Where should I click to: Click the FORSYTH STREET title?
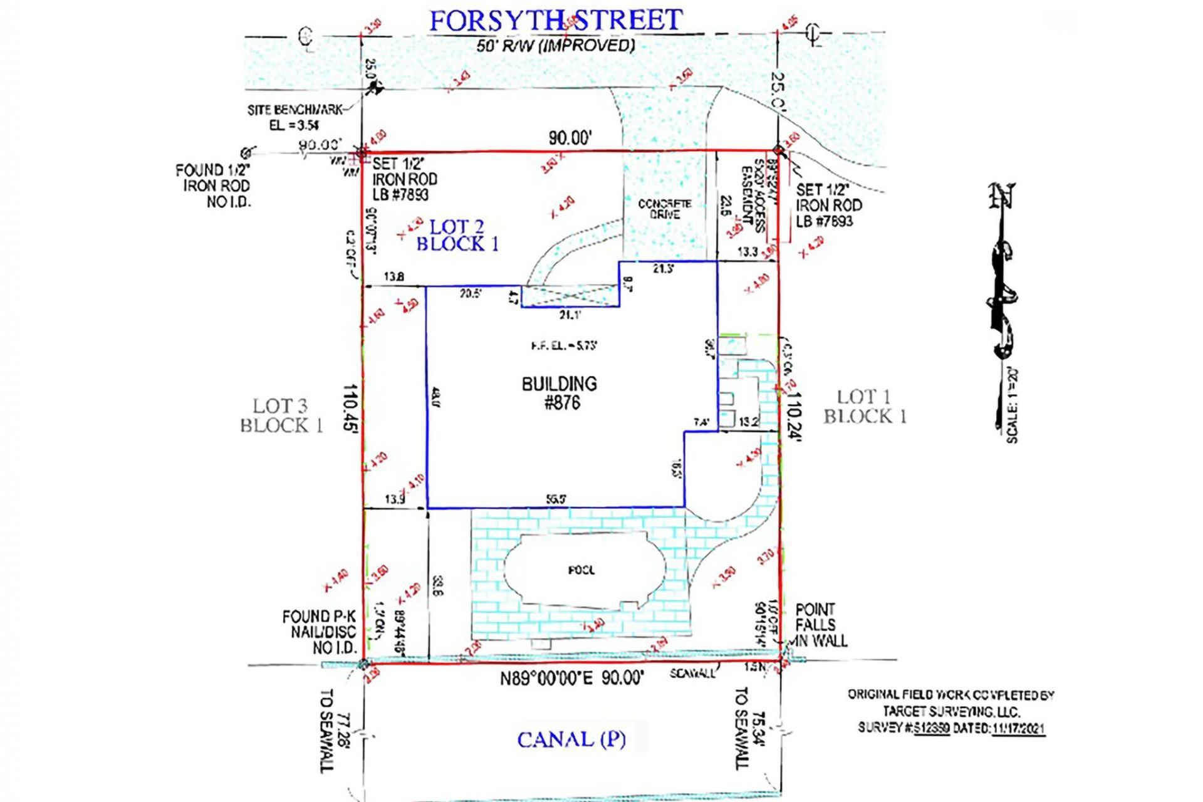[x=555, y=21]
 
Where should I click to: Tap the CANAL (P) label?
[x=571, y=739]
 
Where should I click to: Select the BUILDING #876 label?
[x=560, y=393]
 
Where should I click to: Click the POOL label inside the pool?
[x=581, y=570]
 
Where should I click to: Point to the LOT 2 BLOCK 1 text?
[x=457, y=236]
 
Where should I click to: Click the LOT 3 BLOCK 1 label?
[x=281, y=415]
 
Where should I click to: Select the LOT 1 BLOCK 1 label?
[x=865, y=406]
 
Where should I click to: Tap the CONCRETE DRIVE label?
[x=664, y=209]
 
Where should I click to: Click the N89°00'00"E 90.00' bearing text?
[x=571, y=679]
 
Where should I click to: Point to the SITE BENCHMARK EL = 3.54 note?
[x=294, y=117]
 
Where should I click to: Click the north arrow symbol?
[x=1002, y=269]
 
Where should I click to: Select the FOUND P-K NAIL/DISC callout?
[x=319, y=632]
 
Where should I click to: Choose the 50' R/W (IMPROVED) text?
[x=555, y=45]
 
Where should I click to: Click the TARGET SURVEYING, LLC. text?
[x=951, y=711]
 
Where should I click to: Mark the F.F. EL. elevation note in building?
[x=564, y=345]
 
